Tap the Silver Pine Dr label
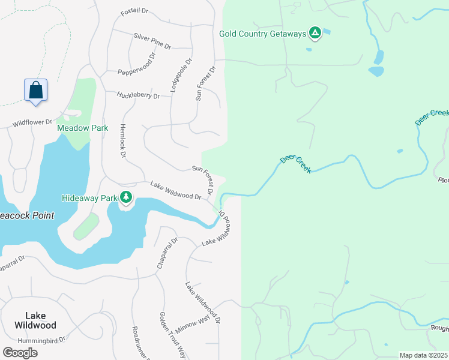[152, 41]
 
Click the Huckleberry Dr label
[139, 95]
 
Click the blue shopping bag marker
[36, 90]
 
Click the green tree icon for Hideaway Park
[125, 197]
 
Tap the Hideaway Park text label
[89, 197]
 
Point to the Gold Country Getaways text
[262, 34]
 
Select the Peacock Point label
[26, 215]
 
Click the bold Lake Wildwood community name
[41, 320]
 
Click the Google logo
[20, 352]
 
